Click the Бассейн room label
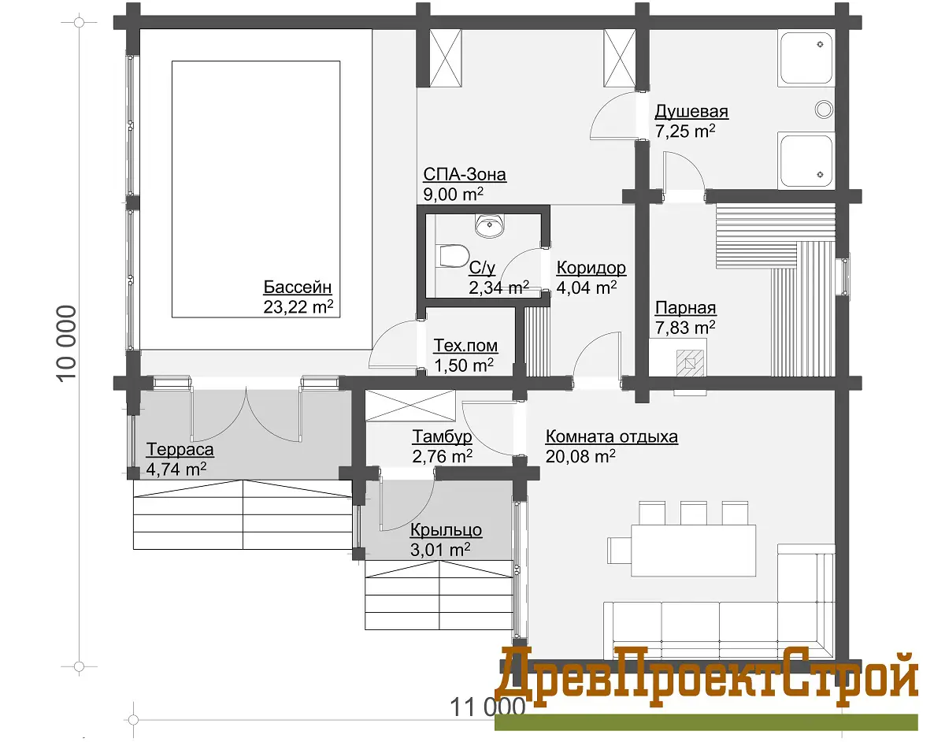click(298, 287)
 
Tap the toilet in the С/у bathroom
click(452, 256)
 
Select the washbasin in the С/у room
click(490, 225)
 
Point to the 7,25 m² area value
click(685, 131)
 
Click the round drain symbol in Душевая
click(824, 109)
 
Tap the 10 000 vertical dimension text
click(66, 344)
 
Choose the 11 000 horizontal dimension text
click(487, 707)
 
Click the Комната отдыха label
click(611, 436)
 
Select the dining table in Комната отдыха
click(693, 550)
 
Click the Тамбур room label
click(442, 436)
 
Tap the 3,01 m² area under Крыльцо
click(440, 549)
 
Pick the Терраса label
click(180, 449)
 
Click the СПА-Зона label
click(465, 174)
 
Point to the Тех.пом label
click(465, 345)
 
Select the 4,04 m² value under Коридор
click(586, 287)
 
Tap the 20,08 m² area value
click(580, 456)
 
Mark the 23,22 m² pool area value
click(298, 307)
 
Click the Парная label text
click(685, 308)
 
